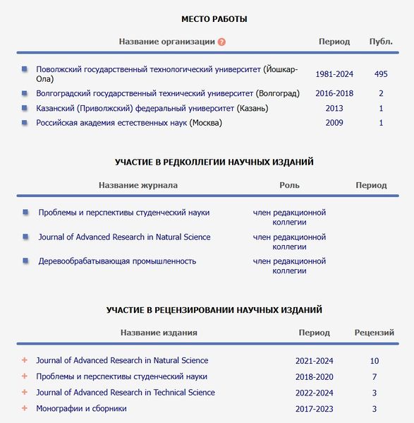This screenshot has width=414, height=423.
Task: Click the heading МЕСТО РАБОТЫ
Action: tap(214, 19)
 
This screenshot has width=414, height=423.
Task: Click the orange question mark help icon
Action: tap(222, 42)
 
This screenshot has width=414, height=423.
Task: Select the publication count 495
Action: tap(381, 74)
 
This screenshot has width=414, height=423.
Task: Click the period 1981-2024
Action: tap(334, 74)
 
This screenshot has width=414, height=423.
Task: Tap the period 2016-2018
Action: tap(334, 93)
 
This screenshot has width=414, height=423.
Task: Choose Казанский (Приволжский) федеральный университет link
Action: tap(136, 108)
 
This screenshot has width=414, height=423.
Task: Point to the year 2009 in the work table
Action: tap(334, 123)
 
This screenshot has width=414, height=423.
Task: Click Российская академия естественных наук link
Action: tap(112, 123)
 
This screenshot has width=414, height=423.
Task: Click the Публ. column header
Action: tap(381, 42)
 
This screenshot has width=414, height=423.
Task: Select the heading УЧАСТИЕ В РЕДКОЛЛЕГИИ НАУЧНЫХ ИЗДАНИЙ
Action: tap(214, 162)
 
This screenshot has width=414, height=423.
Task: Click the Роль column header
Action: tap(289, 185)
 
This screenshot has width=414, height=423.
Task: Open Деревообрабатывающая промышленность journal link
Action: tap(117, 261)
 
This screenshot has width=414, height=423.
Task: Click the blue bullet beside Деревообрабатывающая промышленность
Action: tap(25, 261)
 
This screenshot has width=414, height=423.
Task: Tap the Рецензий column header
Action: tap(374, 332)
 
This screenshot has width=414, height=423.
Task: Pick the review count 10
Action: tap(375, 361)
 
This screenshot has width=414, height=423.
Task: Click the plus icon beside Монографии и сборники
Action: tap(25, 408)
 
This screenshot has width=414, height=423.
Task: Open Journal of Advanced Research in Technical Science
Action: tap(126, 393)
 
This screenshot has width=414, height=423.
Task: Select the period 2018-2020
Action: tap(314, 377)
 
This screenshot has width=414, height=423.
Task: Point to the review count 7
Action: tap(375, 377)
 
